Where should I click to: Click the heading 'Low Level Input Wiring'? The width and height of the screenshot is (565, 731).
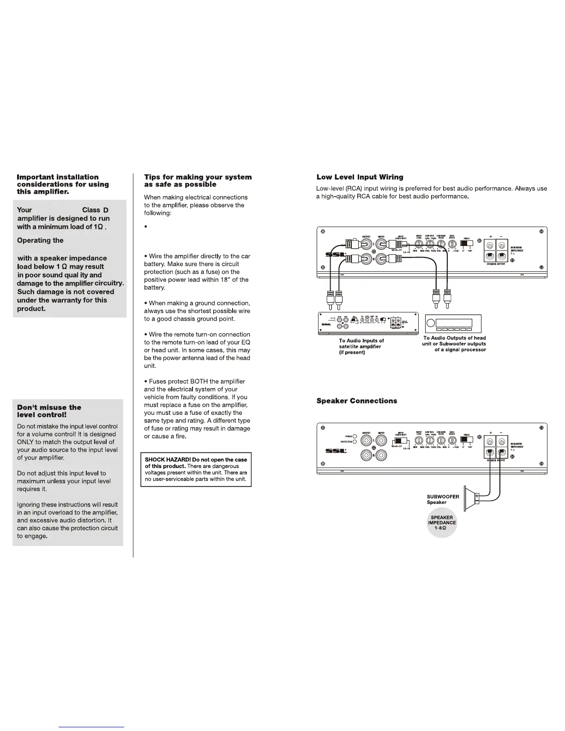pyautogui.click(x=360, y=177)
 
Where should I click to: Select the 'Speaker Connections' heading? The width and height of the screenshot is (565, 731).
pyautogui.click(x=356, y=401)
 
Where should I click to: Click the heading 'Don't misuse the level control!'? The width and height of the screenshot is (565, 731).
pyautogui.click(x=49, y=411)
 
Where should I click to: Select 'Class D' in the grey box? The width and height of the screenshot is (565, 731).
pyautogui.click(x=95, y=210)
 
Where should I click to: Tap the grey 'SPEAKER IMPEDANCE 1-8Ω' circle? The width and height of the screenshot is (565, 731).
pyautogui.click(x=442, y=523)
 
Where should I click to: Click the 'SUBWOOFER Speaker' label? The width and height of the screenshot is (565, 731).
pyautogui.click(x=443, y=499)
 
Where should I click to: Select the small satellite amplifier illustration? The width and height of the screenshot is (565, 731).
pyautogui.click(x=367, y=323)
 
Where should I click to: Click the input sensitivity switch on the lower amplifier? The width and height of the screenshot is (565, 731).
pyautogui.click(x=400, y=442)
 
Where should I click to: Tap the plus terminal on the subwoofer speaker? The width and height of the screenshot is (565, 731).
pyautogui.click(x=477, y=497)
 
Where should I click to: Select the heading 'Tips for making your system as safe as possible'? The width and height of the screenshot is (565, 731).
pyautogui.click(x=198, y=180)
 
